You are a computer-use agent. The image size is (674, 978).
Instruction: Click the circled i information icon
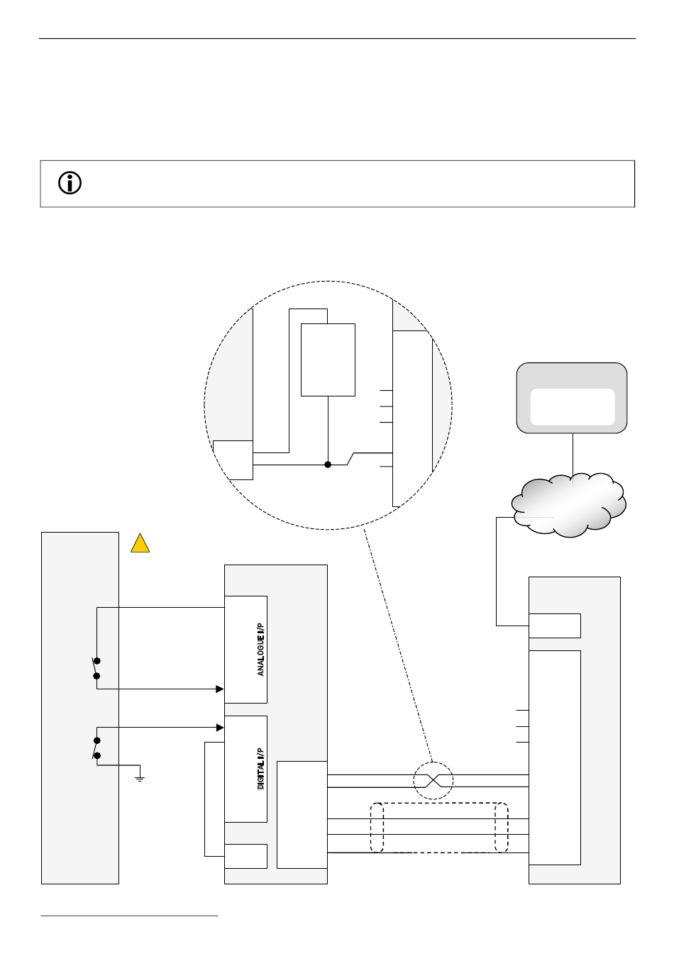click(x=70, y=184)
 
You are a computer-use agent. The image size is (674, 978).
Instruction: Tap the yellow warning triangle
click(x=140, y=545)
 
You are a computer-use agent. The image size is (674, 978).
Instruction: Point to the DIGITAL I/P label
click(x=261, y=769)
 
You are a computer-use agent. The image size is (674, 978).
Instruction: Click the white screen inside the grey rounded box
click(x=572, y=406)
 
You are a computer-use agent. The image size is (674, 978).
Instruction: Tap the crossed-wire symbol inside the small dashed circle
click(x=433, y=781)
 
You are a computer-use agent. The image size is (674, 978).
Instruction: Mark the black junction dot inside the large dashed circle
click(x=328, y=465)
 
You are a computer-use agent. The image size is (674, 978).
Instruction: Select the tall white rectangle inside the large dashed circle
click(x=328, y=360)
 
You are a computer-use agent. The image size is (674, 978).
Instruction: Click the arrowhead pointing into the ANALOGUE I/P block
click(x=220, y=688)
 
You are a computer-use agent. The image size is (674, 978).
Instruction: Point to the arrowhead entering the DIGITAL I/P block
click(x=220, y=727)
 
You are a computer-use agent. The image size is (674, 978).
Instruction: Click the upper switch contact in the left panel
click(x=96, y=667)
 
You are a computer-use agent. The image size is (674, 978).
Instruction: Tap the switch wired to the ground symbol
click(x=96, y=748)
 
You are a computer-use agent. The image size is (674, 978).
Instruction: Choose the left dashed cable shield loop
click(x=377, y=828)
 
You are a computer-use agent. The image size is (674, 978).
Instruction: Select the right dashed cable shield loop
click(x=502, y=828)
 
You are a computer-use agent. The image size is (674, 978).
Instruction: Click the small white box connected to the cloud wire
click(x=555, y=626)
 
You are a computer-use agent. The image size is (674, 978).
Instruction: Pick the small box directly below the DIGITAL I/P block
click(x=245, y=856)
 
